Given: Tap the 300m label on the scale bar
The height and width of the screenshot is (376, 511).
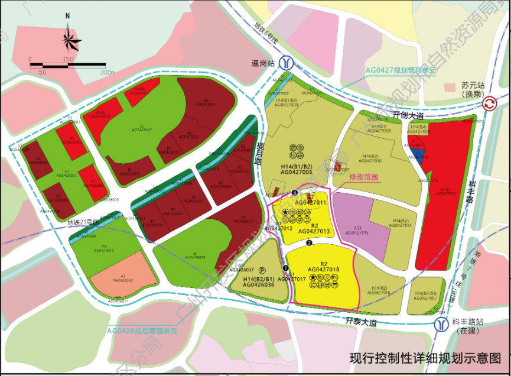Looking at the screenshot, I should [108, 72].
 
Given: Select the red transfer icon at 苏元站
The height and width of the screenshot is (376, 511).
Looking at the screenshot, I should [489, 105].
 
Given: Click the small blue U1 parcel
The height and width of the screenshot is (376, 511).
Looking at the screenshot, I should [419, 155].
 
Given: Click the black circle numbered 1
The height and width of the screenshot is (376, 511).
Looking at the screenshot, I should [285, 268].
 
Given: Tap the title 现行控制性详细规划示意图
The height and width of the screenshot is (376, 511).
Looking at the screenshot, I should [425, 358].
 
